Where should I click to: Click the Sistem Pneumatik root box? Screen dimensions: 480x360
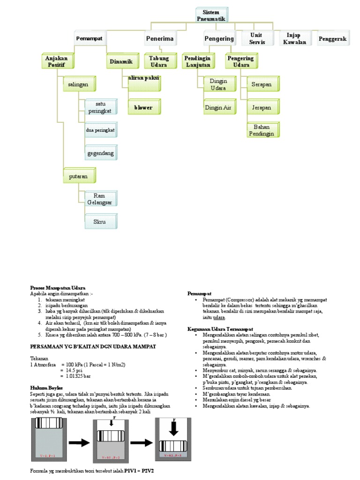tap(211, 15)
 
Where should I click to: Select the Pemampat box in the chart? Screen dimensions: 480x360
tap(90, 38)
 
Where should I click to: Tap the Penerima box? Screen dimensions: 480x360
tap(160, 38)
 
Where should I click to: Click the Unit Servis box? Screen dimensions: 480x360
tap(256, 38)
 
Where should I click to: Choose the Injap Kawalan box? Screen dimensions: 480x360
tap(295, 38)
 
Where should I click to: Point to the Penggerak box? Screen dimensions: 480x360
tap(332, 39)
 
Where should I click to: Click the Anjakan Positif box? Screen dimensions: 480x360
tap(56, 61)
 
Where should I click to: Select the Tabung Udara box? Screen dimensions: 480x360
tap(159, 61)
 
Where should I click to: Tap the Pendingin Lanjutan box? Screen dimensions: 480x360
tap(197, 61)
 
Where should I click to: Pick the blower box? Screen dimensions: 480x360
tap(143, 107)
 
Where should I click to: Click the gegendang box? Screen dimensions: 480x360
tap(100, 153)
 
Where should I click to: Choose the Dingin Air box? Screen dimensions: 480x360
tap(218, 107)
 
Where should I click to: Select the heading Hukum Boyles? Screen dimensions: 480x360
tap(46, 388)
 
